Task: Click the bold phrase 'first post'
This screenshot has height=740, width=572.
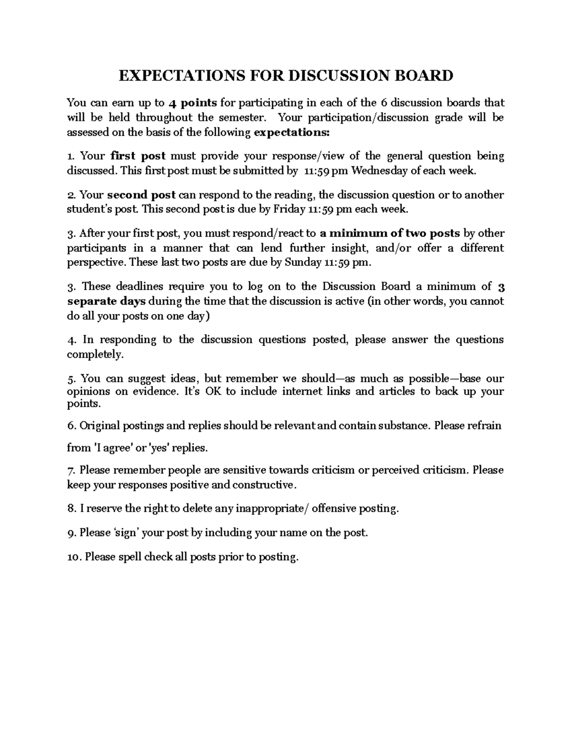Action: click(x=138, y=156)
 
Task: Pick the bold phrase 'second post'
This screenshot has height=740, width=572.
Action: click(x=142, y=194)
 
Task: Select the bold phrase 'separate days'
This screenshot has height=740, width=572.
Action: click(x=107, y=301)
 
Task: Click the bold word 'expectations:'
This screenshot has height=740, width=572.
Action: click(x=292, y=132)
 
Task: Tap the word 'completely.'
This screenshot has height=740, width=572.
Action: click(x=95, y=355)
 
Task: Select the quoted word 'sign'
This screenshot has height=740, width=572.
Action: click(x=125, y=533)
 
